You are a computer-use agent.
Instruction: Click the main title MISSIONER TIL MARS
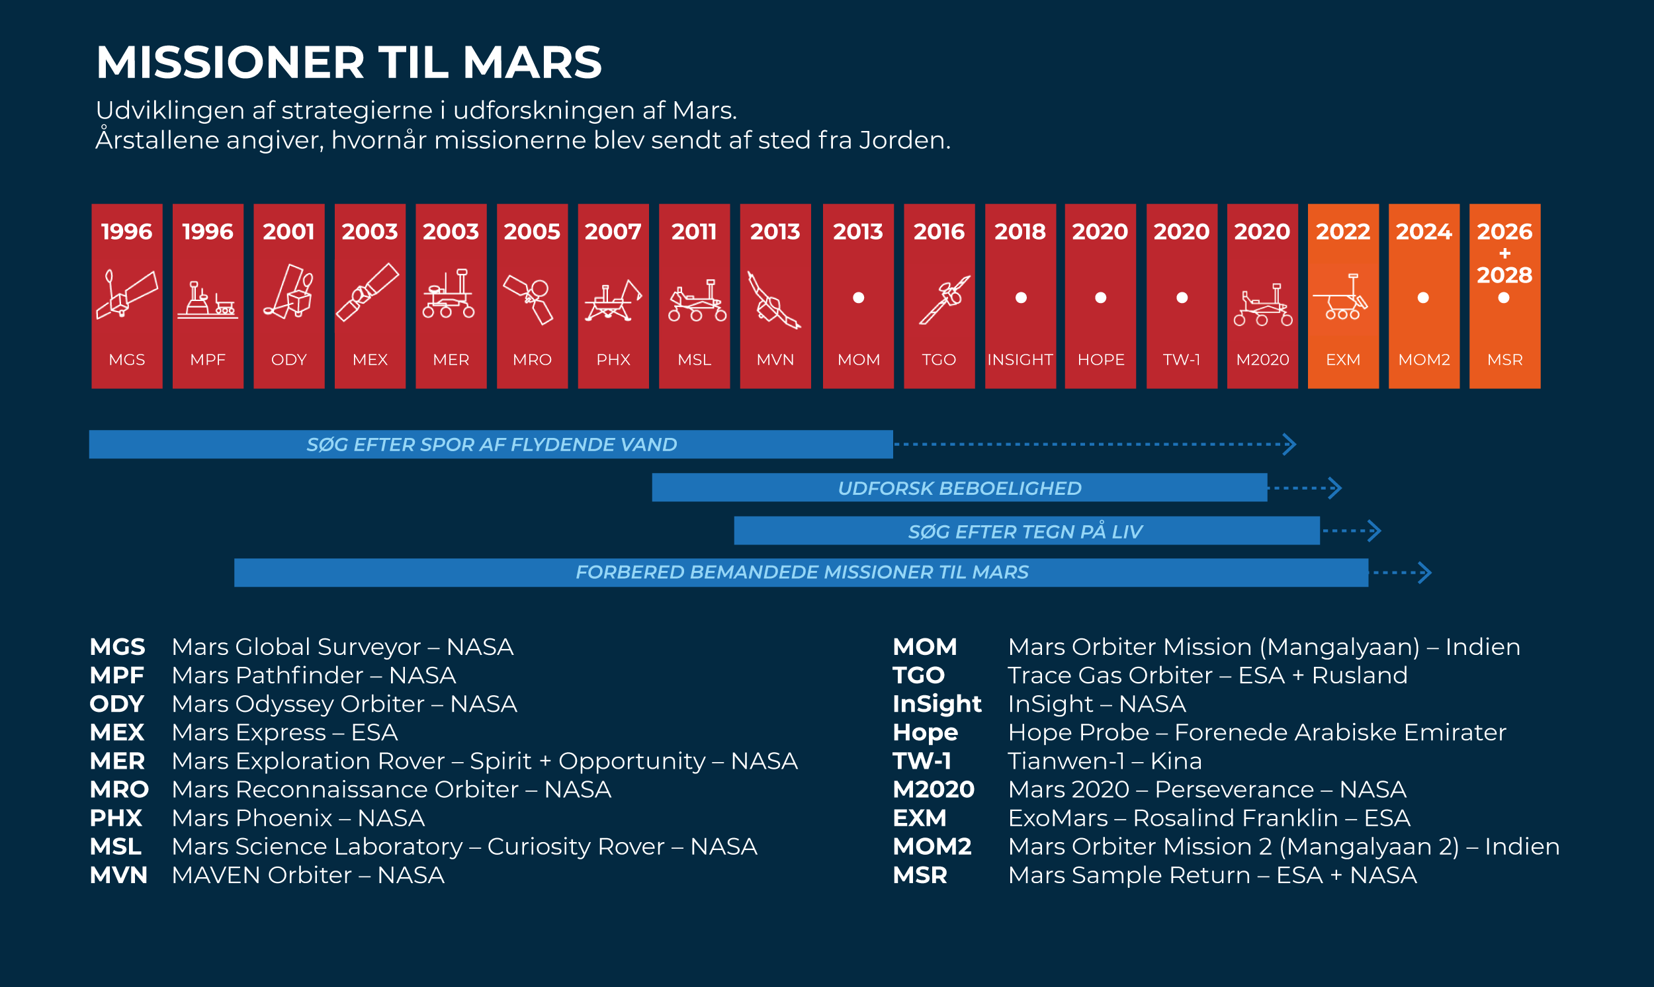(x=349, y=63)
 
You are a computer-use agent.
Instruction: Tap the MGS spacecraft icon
(x=126, y=294)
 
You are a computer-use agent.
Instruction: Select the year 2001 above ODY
(x=288, y=232)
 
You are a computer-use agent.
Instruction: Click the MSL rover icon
(x=695, y=301)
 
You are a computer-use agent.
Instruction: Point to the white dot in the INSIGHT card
(x=1020, y=298)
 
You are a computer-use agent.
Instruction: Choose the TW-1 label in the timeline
(x=1181, y=360)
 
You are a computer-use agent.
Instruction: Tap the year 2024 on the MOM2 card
(x=1423, y=232)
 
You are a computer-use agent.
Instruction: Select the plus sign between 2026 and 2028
(x=1504, y=253)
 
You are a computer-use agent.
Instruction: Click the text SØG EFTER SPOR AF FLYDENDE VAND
(x=492, y=445)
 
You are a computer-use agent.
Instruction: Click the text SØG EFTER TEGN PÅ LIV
(x=1025, y=531)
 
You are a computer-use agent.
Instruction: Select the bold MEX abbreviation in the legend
(x=117, y=732)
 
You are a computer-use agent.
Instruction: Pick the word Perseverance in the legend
(x=1234, y=789)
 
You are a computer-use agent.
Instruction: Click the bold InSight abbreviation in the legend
(x=936, y=704)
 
